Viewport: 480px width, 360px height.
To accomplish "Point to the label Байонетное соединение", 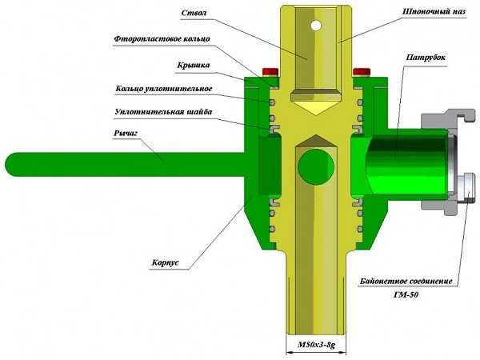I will coord(406,282).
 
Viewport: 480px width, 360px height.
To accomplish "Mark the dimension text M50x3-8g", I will coord(317,346).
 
